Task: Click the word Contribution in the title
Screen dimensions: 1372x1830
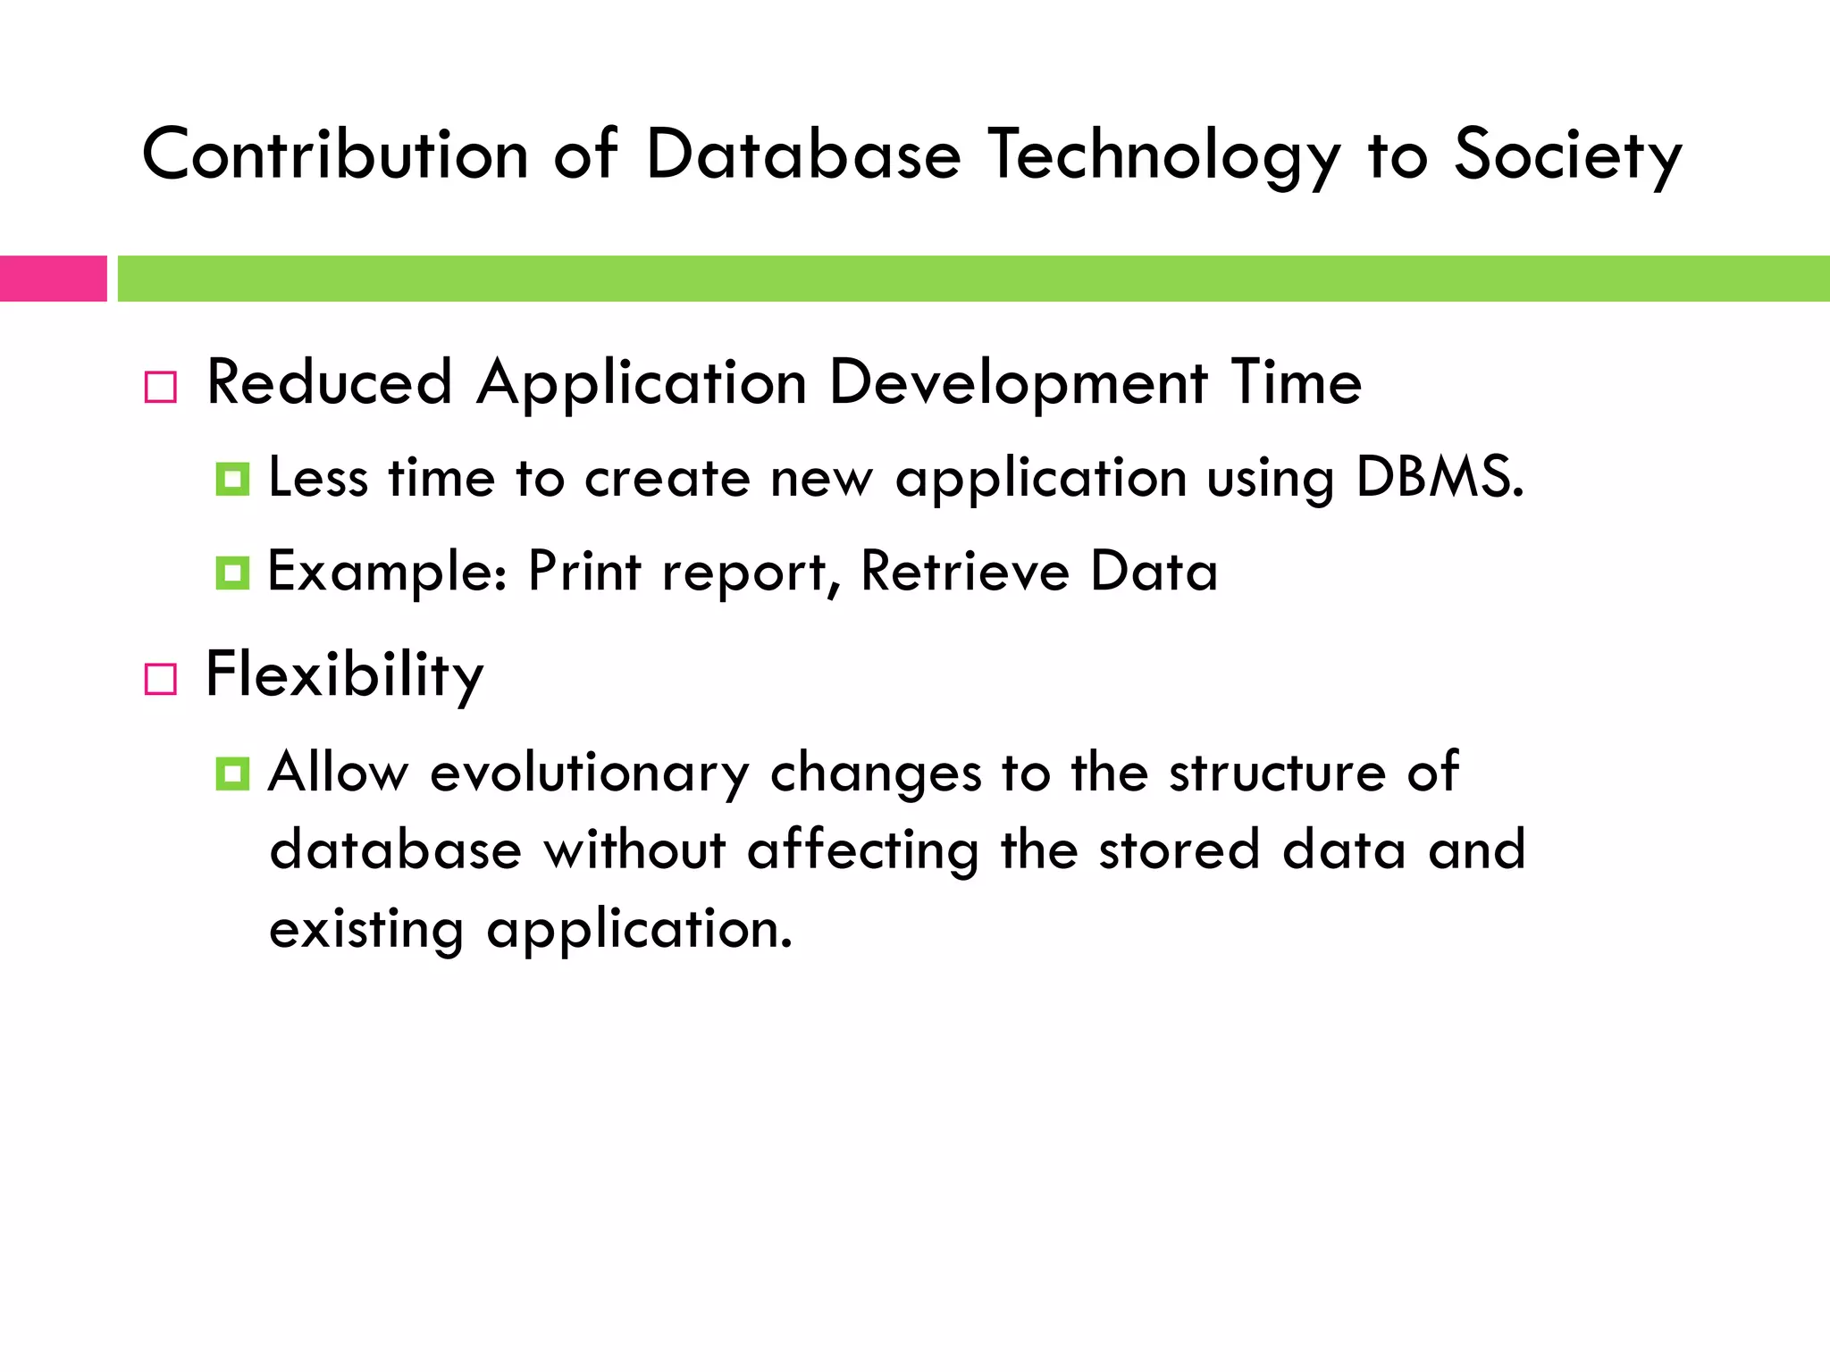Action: [335, 155]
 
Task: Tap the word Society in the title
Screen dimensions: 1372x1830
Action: [1567, 155]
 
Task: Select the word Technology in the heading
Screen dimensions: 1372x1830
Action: [1164, 155]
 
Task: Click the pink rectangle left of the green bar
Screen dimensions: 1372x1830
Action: [53, 279]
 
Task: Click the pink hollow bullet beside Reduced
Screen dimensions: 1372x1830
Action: [161, 388]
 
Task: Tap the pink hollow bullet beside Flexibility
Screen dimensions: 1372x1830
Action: [161, 679]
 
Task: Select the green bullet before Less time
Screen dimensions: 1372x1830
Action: [232, 480]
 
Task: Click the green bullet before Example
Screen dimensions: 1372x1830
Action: [232, 573]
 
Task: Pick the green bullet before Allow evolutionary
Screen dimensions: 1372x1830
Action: [232, 774]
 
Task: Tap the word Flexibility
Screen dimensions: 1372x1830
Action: [344, 674]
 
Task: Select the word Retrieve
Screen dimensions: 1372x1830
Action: [964, 571]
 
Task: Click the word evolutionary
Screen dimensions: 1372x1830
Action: [589, 772]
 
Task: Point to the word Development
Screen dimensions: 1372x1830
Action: [1018, 382]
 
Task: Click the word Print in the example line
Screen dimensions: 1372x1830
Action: [584, 571]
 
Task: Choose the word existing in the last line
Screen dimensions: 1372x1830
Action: [366, 929]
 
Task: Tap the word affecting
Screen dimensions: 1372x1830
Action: [862, 849]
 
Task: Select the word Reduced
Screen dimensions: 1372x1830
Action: [329, 382]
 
